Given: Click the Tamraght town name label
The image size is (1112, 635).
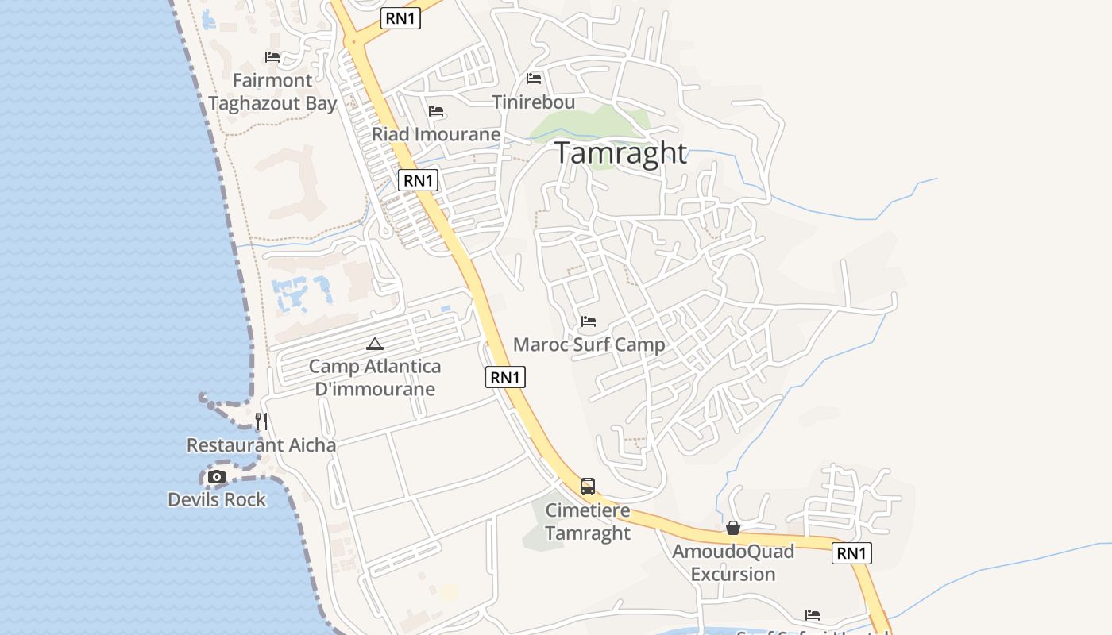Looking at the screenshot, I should (x=620, y=152).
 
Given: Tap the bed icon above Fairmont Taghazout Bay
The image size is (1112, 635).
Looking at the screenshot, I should (x=272, y=57).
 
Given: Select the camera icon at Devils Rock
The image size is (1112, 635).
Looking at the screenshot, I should (x=216, y=477).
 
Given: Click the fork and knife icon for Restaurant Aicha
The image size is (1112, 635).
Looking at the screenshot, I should (x=261, y=421).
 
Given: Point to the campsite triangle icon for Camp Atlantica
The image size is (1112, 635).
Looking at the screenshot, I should (x=375, y=344).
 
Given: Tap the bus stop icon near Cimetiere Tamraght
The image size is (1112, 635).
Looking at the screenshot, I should (x=588, y=487).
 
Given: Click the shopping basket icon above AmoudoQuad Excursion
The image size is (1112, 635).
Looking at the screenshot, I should (x=733, y=528).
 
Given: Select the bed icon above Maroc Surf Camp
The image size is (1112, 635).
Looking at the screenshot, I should (x=589, y=321).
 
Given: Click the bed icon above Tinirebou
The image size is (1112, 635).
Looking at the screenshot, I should (x=534, y=79).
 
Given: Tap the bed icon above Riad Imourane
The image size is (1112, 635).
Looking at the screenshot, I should (x=436, y=111).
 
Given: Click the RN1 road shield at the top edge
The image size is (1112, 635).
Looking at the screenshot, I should (x=400, y=19).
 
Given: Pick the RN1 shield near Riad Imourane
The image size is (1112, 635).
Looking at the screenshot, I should (x=419, y=180).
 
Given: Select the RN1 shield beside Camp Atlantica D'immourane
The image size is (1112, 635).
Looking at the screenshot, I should (x=505, y=377).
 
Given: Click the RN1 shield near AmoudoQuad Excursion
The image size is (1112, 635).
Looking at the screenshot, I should (x=851, y=553).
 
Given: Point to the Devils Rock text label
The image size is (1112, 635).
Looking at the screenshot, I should (x=217, y=499).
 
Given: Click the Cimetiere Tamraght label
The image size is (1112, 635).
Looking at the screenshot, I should (x=588, y=521).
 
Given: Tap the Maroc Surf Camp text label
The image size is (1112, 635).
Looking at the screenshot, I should (x=589, y=344).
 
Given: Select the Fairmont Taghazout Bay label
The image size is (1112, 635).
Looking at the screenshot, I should (x=272, y=91).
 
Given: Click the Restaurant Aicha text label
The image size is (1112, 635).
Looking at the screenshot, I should (x=261, y=445).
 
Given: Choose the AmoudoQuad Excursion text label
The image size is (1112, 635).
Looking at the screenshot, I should (x=733, y=562).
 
